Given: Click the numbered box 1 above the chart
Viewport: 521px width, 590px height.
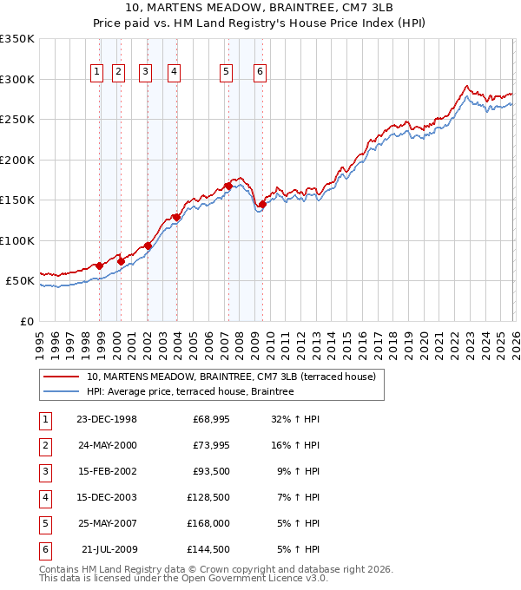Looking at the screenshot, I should [96, 72].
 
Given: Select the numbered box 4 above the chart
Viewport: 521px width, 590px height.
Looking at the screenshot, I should [174, 72].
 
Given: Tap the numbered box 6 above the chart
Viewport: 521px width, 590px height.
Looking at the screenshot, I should [260, 72].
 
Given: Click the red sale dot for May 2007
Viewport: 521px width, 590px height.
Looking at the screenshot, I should [228, 186].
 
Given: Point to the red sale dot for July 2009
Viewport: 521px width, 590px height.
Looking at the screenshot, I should [261, 205].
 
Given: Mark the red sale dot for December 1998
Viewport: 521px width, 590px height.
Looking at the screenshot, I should [100, 265].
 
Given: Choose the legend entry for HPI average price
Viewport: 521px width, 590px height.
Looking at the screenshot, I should [190, 392].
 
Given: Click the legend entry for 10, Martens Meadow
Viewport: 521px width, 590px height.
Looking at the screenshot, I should [230, 377].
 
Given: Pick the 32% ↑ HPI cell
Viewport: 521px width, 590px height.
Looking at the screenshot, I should [296, 419].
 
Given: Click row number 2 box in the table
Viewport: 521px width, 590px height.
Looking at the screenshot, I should [44, 445].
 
